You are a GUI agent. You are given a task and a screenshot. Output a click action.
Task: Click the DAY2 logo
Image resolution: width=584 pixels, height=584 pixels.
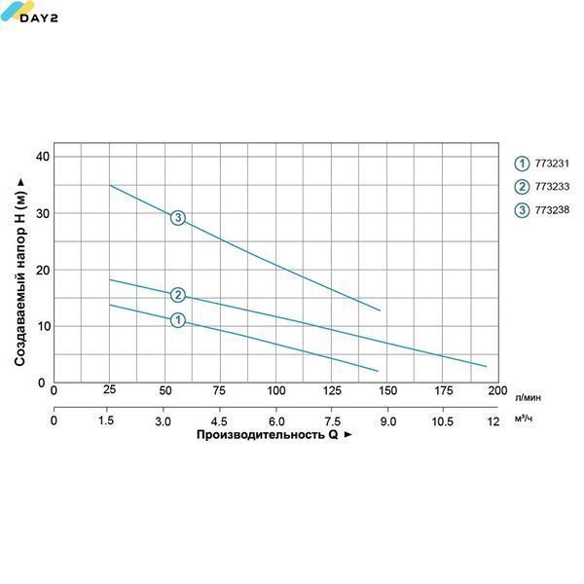point(29,12)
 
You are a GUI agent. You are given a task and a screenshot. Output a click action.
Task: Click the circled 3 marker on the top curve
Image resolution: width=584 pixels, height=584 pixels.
point(178,217)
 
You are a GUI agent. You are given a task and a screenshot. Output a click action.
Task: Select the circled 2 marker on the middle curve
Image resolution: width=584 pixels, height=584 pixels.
point(178,295)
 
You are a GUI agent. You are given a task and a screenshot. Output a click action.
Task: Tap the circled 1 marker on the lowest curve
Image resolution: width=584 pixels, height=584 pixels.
point(178,320)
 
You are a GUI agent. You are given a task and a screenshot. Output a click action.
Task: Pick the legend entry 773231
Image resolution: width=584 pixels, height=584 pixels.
point(542,164)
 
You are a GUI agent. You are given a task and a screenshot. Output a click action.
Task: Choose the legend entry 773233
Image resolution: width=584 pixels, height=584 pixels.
point(542,187)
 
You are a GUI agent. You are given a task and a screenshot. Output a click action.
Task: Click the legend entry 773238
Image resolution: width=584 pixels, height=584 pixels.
point(542,210)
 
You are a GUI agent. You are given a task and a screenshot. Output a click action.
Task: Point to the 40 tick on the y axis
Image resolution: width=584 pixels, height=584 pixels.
point(43,157)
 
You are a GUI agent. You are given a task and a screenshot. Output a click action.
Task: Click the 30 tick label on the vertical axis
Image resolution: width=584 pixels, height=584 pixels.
point(43,213)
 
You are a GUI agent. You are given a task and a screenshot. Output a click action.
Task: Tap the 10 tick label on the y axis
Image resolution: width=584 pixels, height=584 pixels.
point(43,326)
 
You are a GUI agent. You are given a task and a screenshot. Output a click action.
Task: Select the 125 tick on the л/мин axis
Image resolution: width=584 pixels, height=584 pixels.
point(332,390)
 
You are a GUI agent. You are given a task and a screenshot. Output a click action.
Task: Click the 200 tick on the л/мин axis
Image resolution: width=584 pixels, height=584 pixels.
point(497,390)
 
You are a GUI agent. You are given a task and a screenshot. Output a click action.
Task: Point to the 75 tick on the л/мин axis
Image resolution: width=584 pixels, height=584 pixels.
point(219,390)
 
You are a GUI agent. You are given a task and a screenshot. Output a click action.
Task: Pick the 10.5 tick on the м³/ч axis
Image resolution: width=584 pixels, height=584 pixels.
point(443,421)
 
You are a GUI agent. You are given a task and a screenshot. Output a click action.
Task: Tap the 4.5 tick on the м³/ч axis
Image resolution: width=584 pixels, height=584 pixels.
point(219,421)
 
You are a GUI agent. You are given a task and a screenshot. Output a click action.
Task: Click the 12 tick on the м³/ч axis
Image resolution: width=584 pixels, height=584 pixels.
point(493,421)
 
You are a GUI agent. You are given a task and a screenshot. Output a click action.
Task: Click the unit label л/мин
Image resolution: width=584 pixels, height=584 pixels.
point(528,398)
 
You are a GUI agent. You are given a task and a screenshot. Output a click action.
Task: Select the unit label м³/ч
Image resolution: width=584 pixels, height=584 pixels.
point(524,419)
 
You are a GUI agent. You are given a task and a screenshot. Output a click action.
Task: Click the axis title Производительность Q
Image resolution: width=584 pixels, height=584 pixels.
point(267,435)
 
